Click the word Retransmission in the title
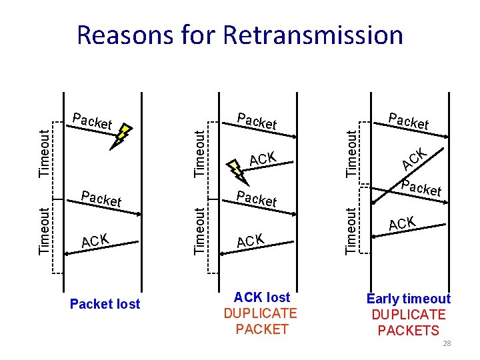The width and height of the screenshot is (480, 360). pos(313,35)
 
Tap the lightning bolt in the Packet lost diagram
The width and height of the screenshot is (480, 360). pos(123,136)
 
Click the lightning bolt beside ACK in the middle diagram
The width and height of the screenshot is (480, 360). pos(237,167)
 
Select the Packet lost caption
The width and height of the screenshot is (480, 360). pos(105,304)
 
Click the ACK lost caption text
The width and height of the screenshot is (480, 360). pos(262,297)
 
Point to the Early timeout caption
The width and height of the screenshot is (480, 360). pos(409,299)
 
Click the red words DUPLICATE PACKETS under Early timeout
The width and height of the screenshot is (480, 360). pos(409,323)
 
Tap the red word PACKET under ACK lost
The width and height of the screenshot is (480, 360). pos(262,329)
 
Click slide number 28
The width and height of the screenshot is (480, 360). pos(447,343)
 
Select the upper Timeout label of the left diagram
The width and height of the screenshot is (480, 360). pos(44,153)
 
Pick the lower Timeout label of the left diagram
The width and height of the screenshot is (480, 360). pos(44,231)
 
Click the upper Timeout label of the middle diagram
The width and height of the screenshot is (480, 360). pos(199,153)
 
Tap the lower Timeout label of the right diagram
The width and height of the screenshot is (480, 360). pos(351,231)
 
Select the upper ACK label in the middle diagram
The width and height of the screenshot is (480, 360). pos(262,159)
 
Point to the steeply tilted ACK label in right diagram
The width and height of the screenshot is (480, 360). pos(415,159)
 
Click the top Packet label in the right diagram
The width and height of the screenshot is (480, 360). pos(409,121)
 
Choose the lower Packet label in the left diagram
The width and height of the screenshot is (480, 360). pos(101,199)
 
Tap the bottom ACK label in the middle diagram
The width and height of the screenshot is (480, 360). pos(251,241)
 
